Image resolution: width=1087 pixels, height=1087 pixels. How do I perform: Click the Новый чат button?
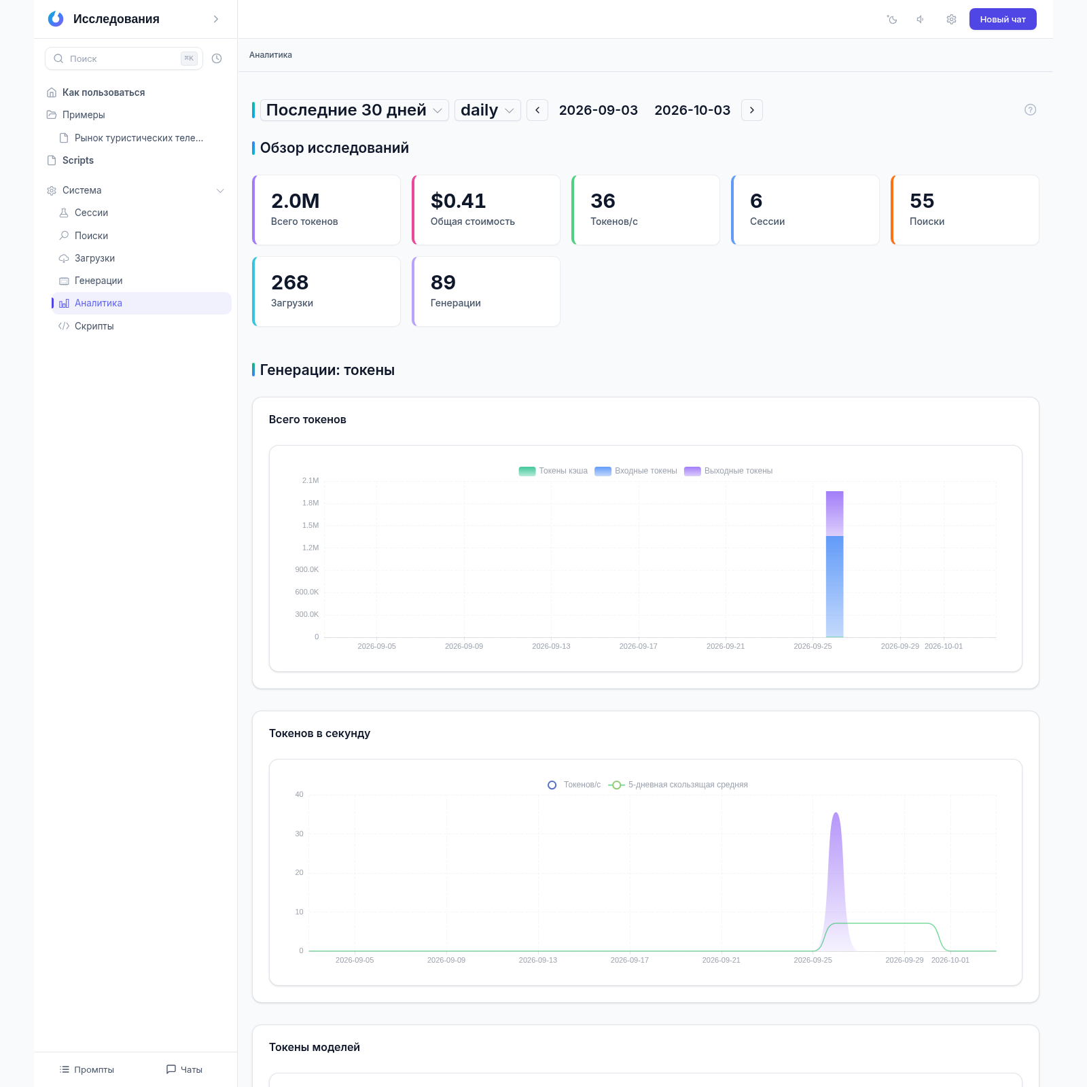(x=1003, y=19)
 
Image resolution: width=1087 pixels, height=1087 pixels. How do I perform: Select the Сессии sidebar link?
(x=91, y=213)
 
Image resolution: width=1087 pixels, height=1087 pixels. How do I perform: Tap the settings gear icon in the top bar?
(x=951, y=19)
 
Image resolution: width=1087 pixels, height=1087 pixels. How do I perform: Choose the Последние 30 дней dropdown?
(x=354, y=110)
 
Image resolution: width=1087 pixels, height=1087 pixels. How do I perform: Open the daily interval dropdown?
(x=487, y=110)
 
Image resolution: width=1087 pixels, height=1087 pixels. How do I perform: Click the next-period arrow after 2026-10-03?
(x=752, y=110)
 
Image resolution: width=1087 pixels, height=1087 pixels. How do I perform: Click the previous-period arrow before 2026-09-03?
(x=537, y=110)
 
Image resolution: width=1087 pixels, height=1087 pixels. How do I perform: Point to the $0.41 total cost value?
(x=459, y=201)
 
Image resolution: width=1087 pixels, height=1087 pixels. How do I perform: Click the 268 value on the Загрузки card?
(x=289, y=283)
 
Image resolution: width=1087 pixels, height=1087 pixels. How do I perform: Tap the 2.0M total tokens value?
(x=295, y=201)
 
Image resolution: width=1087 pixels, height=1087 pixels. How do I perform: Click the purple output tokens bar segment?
(x=835, y=514)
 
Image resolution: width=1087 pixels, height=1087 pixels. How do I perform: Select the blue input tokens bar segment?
(x=835, y=586)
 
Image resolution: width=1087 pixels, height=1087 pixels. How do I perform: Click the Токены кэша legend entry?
(x=553, y=471)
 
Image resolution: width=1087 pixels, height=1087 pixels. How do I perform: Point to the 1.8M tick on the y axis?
(x=310, y=503)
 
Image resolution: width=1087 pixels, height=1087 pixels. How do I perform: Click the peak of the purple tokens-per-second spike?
(x=836, y=813)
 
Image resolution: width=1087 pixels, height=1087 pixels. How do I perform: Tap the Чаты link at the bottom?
(x=184, y=1069)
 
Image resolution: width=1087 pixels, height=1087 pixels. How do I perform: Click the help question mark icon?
(x=1030, y=110)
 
